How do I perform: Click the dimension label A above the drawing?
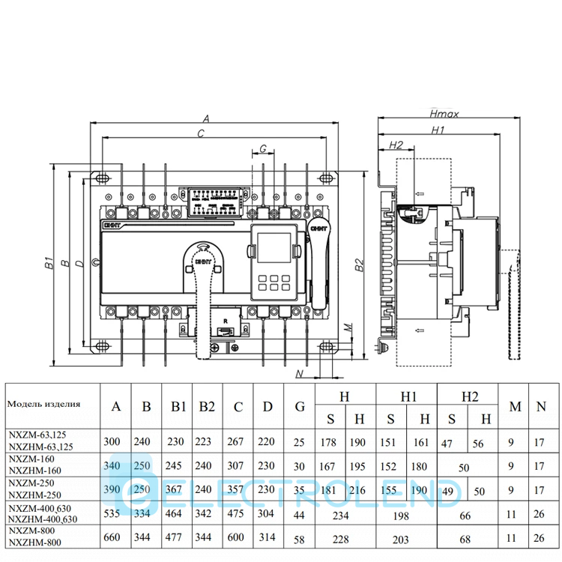pyautogui.click(x=207, y=117)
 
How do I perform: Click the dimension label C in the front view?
pyautogui.click(x=201, y=133)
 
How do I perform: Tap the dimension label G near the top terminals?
pyautogui.click(x=263, y=147)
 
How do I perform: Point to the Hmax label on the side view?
pyautogui.click(x=445, y=115)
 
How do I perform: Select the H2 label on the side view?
pyautogui.click(x=396, y=144)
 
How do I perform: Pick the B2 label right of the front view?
pyautogui.click(x=359, y=263)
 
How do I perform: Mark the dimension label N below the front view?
pyautogui.click(x=299, y=372)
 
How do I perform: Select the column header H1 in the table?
pyautogui.click(x=408, y=395)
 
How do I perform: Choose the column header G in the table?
pyautogui.click(x=300, y=407)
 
